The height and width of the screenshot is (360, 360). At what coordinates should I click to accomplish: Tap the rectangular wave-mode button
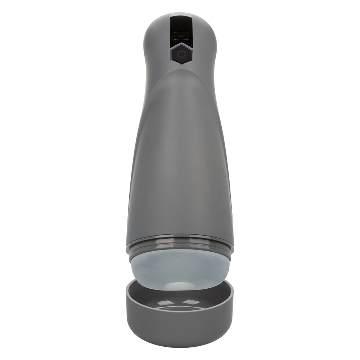click(x=180, y=36)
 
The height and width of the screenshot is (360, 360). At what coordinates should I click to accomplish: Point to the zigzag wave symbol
click(x=180, y=36)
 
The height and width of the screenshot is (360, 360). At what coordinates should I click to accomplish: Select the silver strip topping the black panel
click(x=180, y=15)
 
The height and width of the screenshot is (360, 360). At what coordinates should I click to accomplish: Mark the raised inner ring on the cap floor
click(x=180, y=309)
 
